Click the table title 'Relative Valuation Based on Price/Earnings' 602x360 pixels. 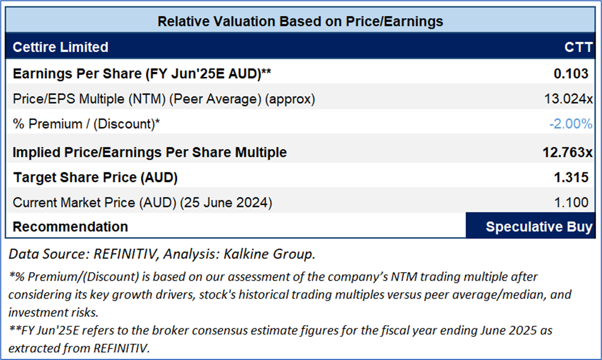[x=300, y=21]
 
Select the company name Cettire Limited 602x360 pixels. [x=60, y=47]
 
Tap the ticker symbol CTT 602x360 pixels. [x=578, y=47]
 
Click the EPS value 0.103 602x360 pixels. [x=571, y=73]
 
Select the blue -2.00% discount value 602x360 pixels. [x=570, y=124]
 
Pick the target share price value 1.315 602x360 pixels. [x=571, y=177]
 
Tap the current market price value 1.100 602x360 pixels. [x=571, y=202]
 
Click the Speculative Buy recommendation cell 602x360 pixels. [x=530, y=227]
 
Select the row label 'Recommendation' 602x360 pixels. [x=70, y=227]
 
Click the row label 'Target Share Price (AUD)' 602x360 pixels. [x=95, y=177]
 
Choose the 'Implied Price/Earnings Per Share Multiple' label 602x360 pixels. [x=149, y=152]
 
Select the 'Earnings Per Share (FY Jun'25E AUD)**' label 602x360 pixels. [x=143, y=73]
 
